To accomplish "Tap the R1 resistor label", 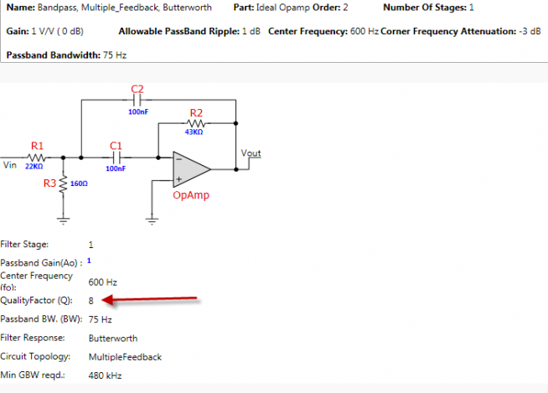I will tap(37, 145).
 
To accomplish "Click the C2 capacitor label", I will tap(137, 89).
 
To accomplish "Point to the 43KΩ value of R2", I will tap(194, 132).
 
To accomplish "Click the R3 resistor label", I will tap(50, 183).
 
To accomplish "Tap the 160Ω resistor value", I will tap(80, 184).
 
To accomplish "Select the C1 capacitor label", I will tap(116, 145).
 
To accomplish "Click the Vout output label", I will tap(251, 153).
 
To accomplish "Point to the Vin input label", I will tap(10, 165).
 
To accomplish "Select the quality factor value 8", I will tap(91, 299).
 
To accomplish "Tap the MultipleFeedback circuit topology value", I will tap(125, 357).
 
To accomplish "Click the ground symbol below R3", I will tap(64, 221).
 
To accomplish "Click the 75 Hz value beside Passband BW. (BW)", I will tap(100, 319).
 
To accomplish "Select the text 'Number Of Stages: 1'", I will tap(428, 8).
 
